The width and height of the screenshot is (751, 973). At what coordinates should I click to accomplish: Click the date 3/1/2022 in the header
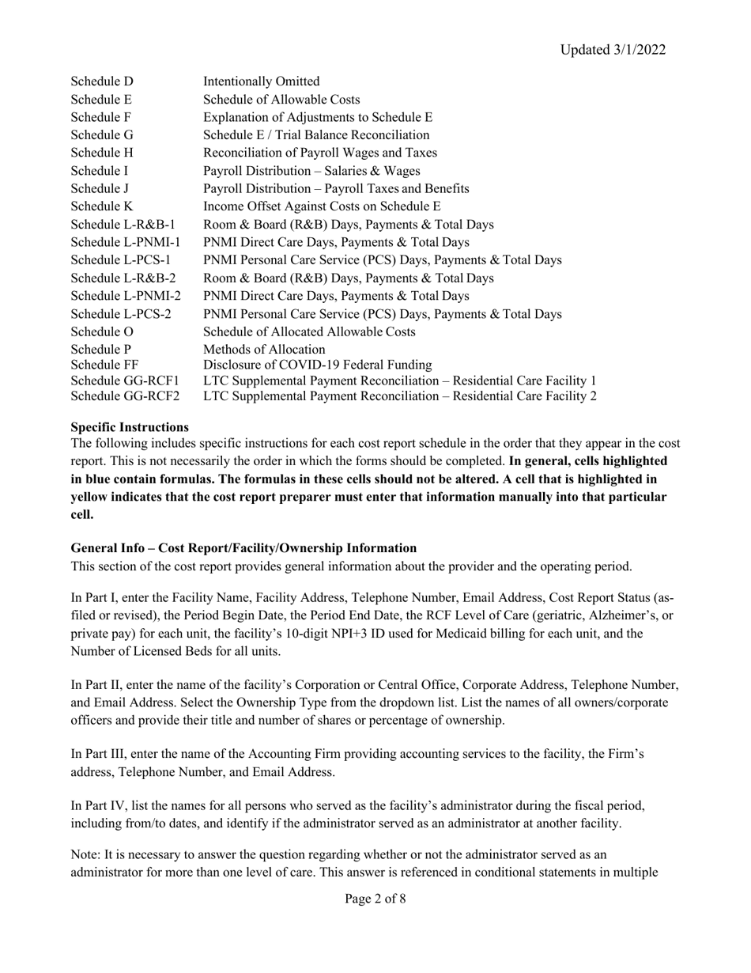click(x=638, y=50)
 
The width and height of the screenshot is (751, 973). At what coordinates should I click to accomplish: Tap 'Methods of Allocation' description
click(x=264, y=349)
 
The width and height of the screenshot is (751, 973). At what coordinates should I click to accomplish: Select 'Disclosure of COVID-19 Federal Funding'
click(x=318, y=365)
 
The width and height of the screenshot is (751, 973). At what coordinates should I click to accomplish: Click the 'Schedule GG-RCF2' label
click(x=125, y=395)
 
